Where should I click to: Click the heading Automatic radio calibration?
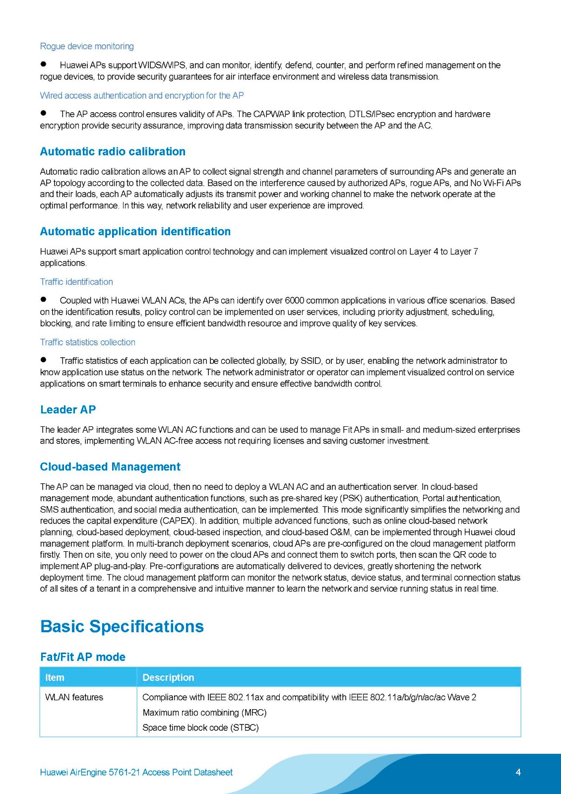[113, 151]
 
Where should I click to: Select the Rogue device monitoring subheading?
[87, 46]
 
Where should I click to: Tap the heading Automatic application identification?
[135, 231]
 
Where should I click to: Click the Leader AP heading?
[68, 409]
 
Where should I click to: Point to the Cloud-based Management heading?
[110, 466]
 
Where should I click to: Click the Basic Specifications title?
[122, 626]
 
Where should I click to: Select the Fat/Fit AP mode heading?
[83, 657]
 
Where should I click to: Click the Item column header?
[55, 677]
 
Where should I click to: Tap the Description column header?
[168, 677]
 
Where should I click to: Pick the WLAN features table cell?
[74, 697]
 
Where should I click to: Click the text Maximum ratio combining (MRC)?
[204, 713]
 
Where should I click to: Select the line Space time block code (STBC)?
[200, 728]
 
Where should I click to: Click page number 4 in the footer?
[518, 772]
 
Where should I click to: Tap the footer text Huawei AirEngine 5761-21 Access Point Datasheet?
[136, 772]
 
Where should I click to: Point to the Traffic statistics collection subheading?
[88, 342]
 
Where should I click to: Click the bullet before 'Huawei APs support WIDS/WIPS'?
[44, 64]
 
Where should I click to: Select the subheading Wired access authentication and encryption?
[142, 95]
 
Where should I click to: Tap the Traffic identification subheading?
[76, 281]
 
